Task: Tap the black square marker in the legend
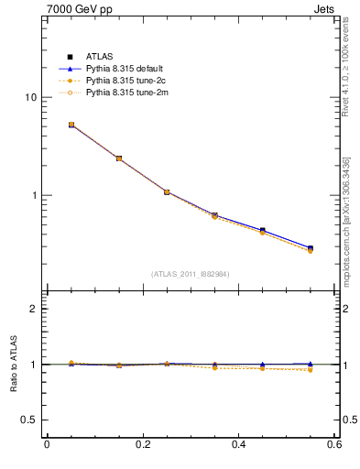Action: pos(70,57)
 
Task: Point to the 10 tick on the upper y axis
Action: pos(30,97)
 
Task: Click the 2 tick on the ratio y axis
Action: pos(33,309)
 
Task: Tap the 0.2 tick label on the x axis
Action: pos(142,445)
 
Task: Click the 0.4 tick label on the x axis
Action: pos(238,445)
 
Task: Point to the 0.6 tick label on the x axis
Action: pos(333,445)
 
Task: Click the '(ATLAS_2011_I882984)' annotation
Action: pos(191,274)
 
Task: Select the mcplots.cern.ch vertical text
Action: pos(346,220)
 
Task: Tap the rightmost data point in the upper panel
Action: pos(310,249)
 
